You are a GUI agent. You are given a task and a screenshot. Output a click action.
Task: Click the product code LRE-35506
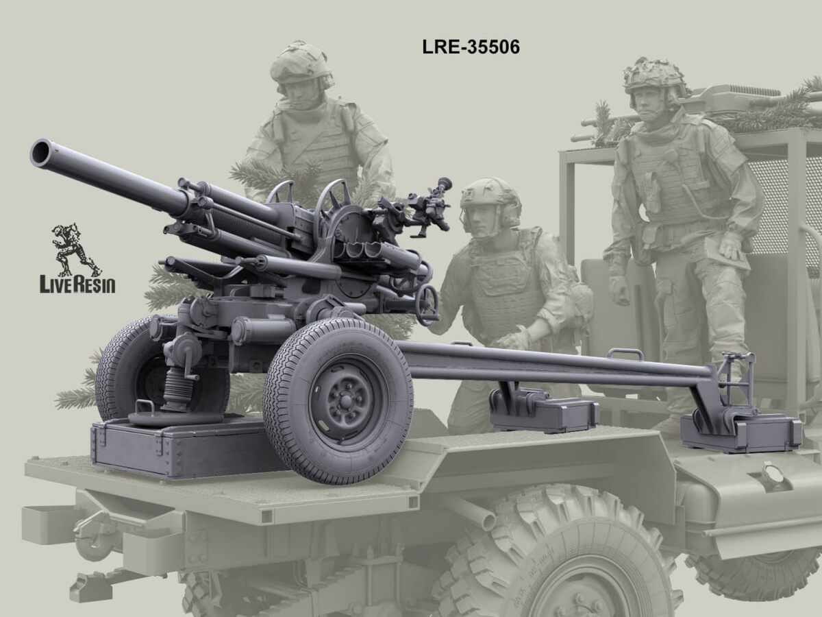click(x=471, y=47)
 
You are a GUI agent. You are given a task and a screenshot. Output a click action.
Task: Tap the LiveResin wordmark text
click(x=77, y=285)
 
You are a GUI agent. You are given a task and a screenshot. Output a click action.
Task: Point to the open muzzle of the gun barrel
click(x=42, y=152)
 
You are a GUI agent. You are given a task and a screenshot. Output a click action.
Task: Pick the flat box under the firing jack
click(x=179, y=448)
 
